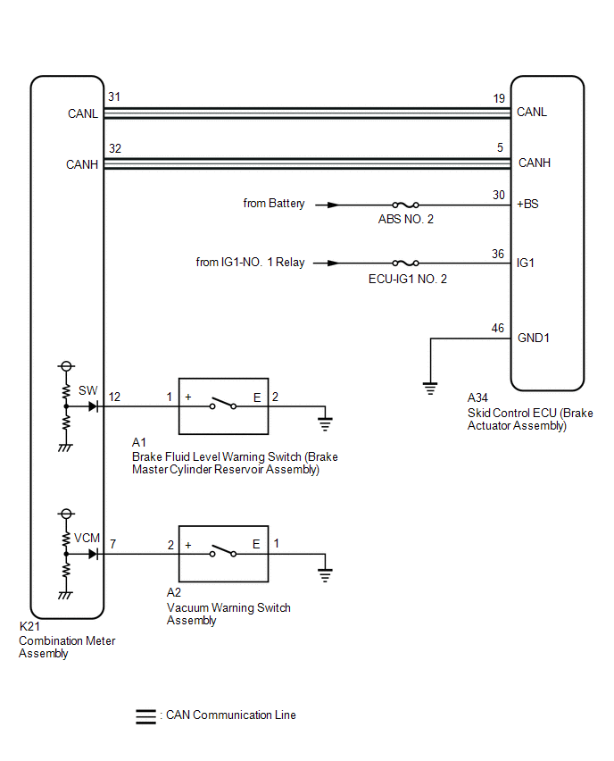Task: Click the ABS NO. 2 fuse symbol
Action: coord(405,205)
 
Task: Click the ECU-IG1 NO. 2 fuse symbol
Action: coord(405,263)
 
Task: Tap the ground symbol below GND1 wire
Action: coord(429,389)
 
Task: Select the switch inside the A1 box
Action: coord(223,404)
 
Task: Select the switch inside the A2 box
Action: coord(223,551)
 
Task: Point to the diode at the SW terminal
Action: coord(93,406)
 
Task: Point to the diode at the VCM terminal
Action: coord(93,554)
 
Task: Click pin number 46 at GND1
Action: coord(498,328)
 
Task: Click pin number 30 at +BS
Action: coord(499,195)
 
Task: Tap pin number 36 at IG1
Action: coord(498,254)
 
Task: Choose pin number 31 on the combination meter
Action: coord(114,96)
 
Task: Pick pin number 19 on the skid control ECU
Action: coord(499,98)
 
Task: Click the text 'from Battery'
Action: coord(274,204)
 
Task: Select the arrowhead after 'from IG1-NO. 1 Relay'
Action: coord(333,263)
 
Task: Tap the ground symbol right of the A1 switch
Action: coord(325,424)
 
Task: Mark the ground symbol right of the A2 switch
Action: coord(325,575)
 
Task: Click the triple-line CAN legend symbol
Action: coord(145,717)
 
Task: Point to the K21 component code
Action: coord(29,626)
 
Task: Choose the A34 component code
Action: coord(477,398)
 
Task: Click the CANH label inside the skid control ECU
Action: coord(535,163)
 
